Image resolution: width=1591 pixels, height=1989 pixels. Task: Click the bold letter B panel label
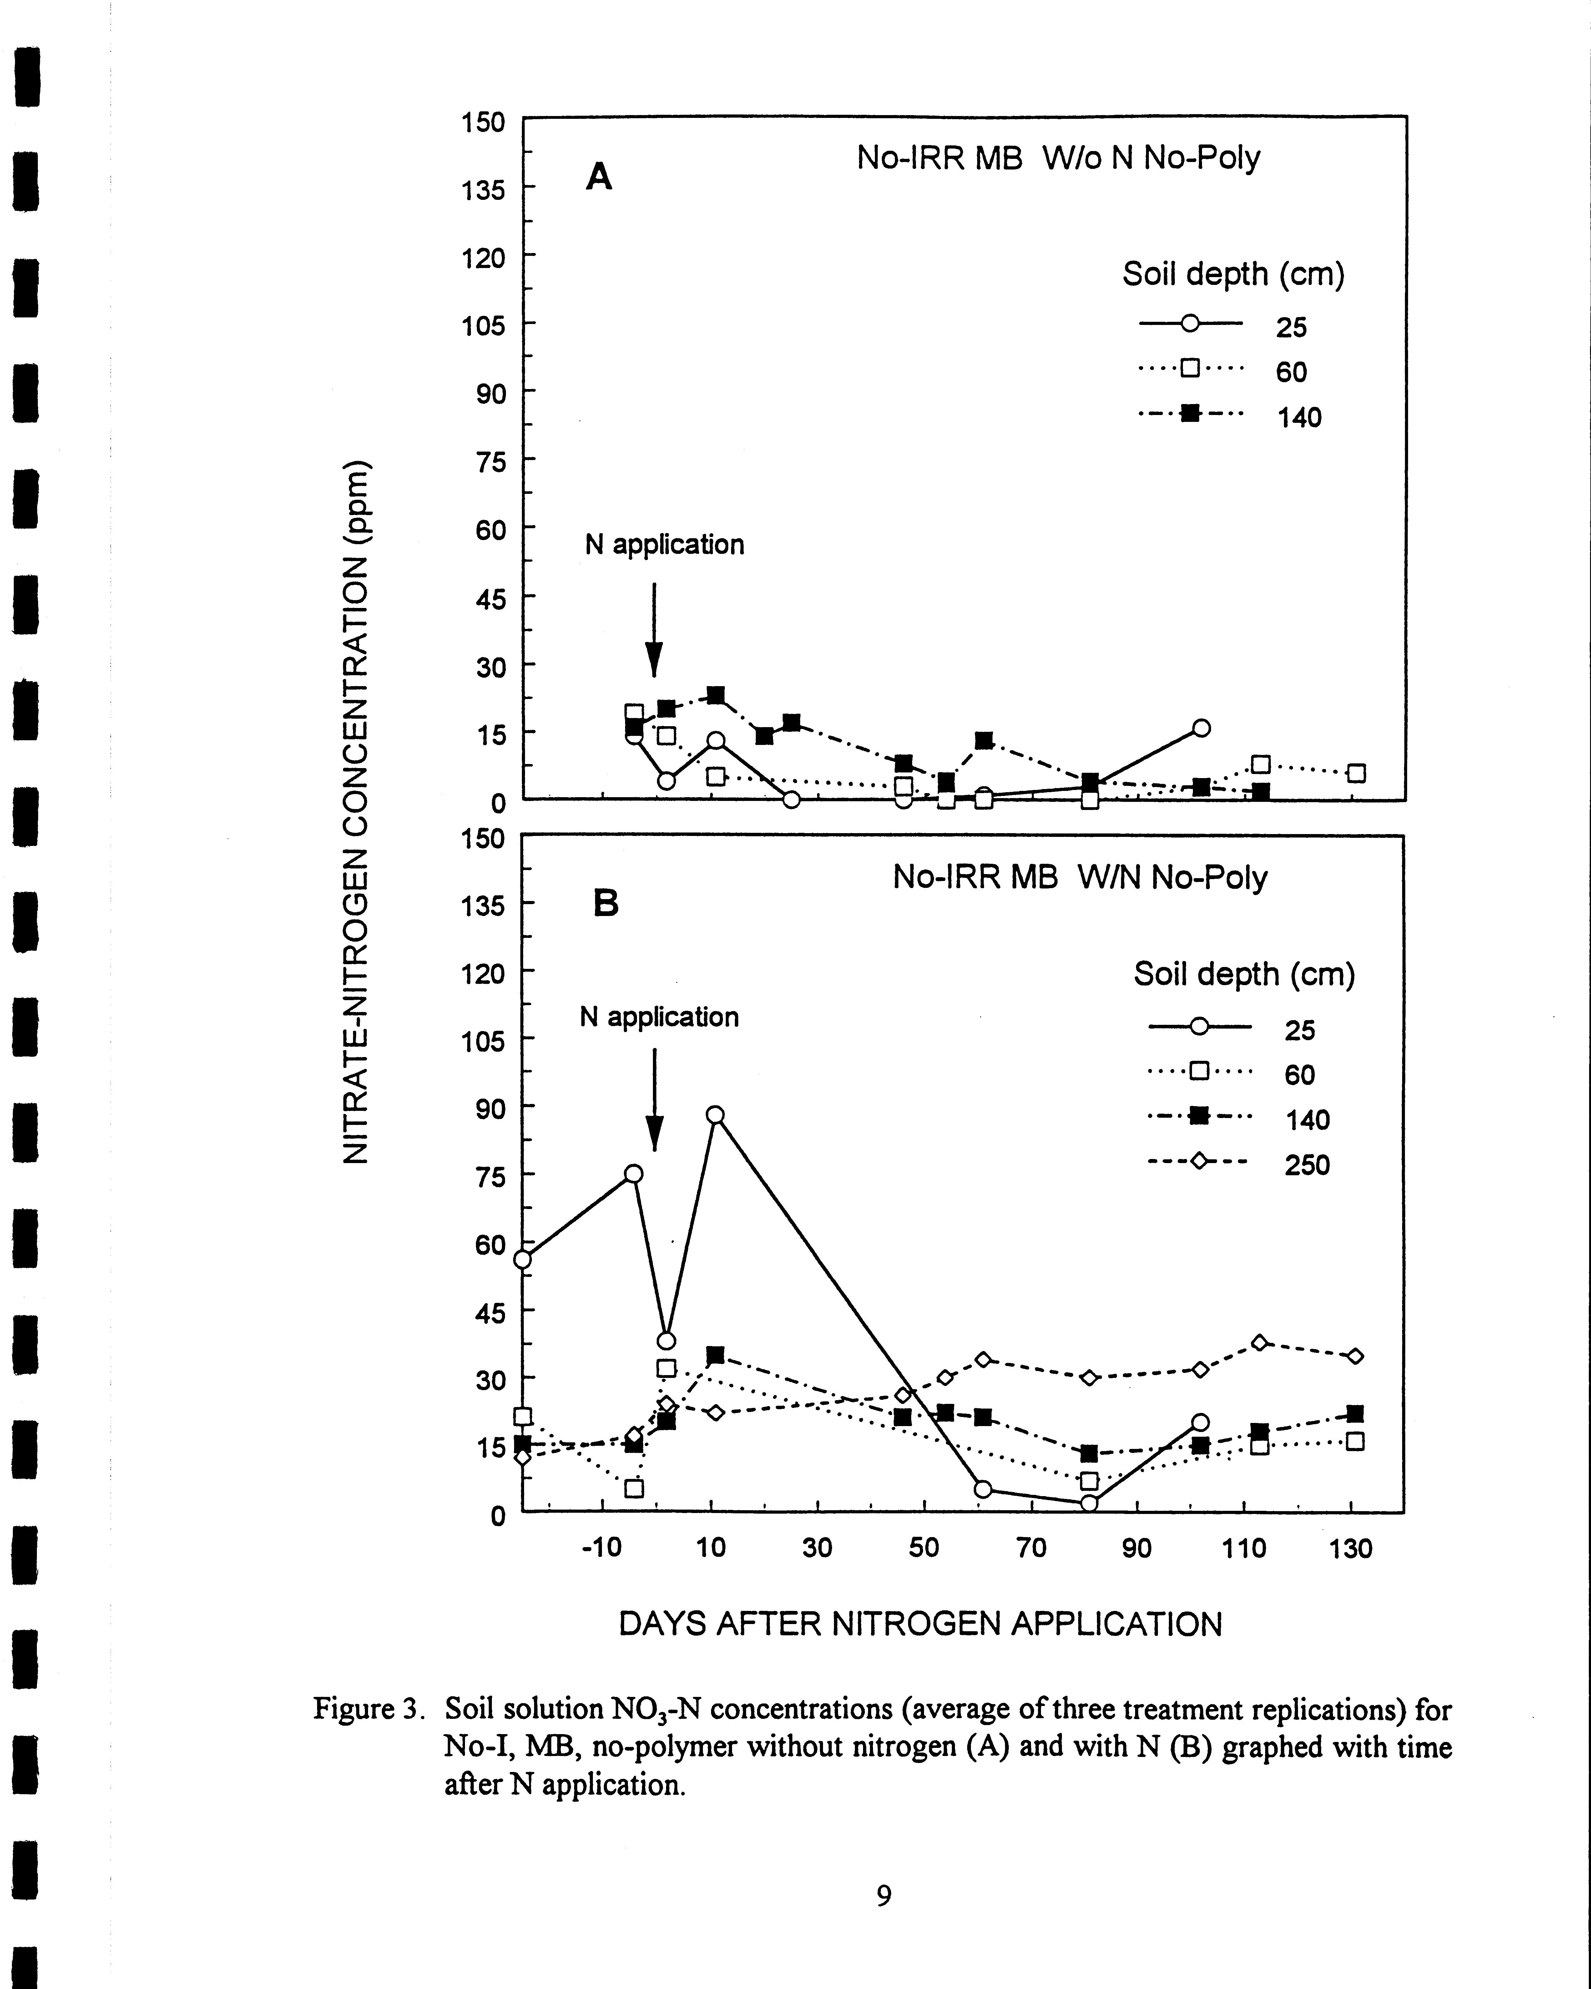pos(605,903)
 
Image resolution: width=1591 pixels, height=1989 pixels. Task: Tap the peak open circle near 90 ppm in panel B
pos(715,1114)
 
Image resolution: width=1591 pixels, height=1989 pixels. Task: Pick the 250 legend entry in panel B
pos(1307,1165)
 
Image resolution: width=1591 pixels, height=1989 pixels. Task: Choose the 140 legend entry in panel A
pos(1299,418)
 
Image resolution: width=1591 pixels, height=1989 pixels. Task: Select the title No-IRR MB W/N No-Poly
pos(1079,877)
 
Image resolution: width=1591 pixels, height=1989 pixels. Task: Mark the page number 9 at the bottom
pos(884,1895)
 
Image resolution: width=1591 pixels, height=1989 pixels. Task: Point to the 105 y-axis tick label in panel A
pos(483,325)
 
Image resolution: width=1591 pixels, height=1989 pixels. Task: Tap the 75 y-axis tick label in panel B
pos(491,1176)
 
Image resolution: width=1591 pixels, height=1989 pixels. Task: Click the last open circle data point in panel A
pos(1200,728)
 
